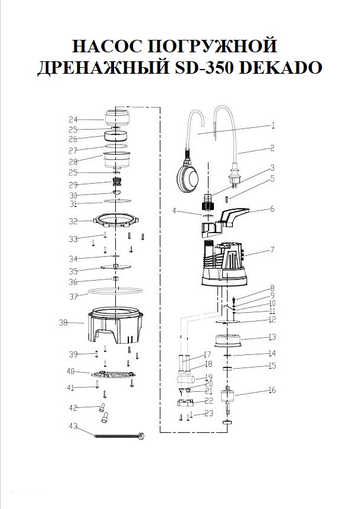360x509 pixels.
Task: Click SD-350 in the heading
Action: [x=206, y=68]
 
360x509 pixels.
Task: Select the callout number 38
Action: [x=63, y=323]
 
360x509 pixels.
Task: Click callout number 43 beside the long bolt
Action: [x=73, y=426]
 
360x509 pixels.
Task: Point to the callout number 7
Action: [x=272, y=250]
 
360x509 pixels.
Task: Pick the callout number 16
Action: [x=272, y=390]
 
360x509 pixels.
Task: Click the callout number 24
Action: [x=73, y=120]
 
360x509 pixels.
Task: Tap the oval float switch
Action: [x=187, y=177]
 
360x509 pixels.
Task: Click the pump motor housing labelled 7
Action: [x=225, y=263]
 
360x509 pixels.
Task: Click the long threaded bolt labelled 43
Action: [x=119, y=436]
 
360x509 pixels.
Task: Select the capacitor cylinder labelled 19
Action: [x=185, y=379]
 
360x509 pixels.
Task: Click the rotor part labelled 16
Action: [x=227, y=396]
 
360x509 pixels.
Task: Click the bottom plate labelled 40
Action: [x=112, y=374]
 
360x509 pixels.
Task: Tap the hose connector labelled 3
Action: [x=207, y=202]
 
